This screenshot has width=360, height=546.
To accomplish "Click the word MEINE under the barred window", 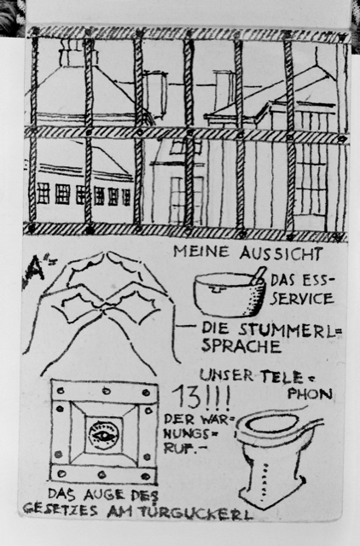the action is coord(201,252).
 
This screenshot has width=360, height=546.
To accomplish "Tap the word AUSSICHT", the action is coord(281,253).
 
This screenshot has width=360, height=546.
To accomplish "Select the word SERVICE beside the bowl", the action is coord(302,299).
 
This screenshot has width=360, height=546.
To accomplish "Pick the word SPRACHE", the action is coord(241,346).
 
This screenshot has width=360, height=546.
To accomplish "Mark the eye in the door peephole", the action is coord(104,434).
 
